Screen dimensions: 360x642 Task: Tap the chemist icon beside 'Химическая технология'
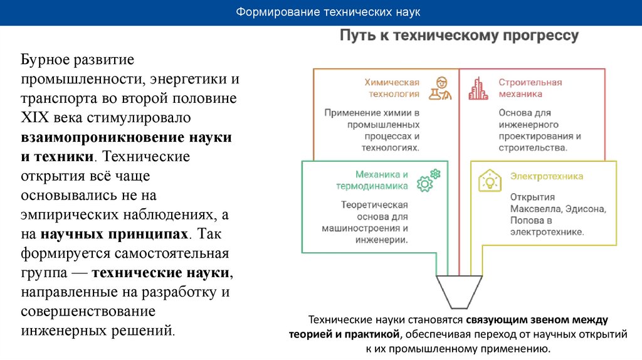click(x=441, y=88)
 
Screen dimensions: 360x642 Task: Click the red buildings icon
click(x=478, y=88)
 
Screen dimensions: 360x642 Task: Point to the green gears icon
click(x=429, y=180)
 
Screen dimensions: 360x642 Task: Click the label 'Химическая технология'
click(x=392, y=88)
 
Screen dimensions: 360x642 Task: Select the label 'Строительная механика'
click(x=530, y=88)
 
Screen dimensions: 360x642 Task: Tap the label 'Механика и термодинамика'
click(x=381, y=180)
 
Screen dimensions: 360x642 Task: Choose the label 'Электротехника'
click(x=546, y=176)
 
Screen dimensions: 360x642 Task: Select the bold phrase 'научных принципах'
click(x=115, y=234)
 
